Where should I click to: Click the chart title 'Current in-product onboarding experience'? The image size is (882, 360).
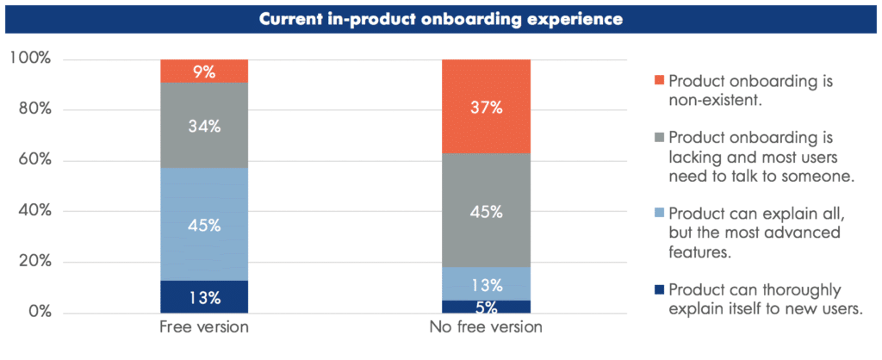[x=441, y=18]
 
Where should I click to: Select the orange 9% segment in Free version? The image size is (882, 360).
[x=204, y=71]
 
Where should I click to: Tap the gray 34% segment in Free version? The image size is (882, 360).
[x=204, y=126]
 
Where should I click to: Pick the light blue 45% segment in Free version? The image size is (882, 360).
[x=204, y=225]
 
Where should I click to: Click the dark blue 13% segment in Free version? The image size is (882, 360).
[x=204, y=297]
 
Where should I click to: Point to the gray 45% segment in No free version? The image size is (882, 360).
[x=486, y=211]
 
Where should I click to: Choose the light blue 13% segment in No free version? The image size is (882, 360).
[x=486, y=284]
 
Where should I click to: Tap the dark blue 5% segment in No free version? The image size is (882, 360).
[x=486, y=307]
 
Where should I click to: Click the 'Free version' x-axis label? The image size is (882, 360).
[x=204, y=328]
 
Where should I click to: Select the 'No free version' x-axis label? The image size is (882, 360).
[x=486, y=328]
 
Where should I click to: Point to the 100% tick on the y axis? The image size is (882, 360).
[x=31, y=59]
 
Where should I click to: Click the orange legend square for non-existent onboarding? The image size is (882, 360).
[x=659, y=80]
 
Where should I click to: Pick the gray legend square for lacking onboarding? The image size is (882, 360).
[x=659, y=137]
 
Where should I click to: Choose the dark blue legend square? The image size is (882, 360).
[x=659, y=289]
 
